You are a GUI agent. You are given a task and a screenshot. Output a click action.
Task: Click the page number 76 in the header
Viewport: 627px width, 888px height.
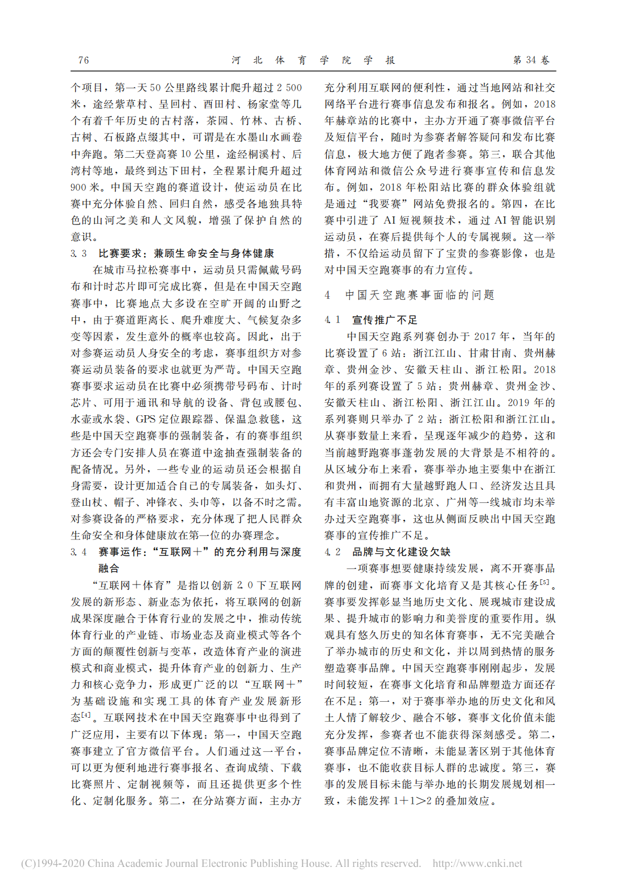(x=83, y=60)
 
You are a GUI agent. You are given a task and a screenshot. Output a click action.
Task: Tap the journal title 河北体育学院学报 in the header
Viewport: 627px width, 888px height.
(x=313, y=60)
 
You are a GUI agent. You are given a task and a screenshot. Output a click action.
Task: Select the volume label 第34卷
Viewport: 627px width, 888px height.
(x=531, y=60)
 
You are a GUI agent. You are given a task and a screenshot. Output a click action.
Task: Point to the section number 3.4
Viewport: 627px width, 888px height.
(x=79, y=552)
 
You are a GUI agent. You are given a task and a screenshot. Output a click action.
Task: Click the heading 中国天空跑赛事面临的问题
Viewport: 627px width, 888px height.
(x=420, y=295)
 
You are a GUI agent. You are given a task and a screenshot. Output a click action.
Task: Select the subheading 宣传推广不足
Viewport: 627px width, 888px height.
(x=385, y=320)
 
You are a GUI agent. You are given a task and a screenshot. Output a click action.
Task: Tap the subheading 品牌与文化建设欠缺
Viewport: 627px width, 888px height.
(x=401, y=552)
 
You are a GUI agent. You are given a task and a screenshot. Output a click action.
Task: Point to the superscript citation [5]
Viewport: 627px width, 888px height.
(x=545, y=582)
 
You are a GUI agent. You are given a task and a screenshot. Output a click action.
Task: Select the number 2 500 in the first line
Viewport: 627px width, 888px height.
(x=289, y=88)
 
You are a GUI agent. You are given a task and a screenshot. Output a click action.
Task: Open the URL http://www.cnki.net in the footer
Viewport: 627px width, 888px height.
(x=477, y=864)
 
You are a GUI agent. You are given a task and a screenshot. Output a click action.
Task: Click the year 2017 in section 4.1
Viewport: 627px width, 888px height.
(x=498, y=337)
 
